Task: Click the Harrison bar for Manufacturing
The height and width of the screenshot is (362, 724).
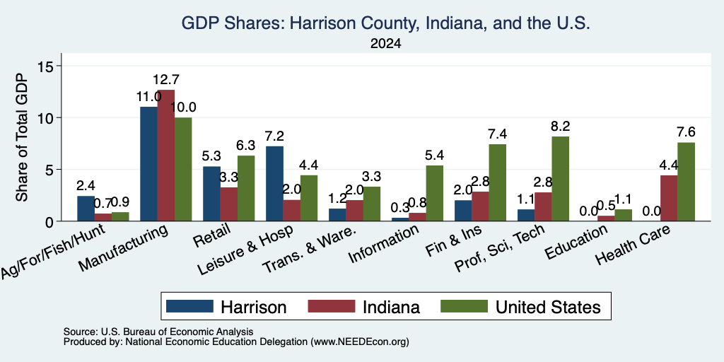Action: (148, 164)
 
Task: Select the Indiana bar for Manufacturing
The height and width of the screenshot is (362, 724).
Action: (165, 155)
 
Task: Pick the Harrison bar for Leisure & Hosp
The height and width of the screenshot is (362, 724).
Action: (275, 184)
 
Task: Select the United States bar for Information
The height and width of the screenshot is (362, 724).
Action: (435, 193)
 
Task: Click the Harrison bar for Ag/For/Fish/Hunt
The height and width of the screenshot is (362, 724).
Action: (86, 209)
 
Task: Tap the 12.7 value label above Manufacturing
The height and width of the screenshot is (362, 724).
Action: (165, 80)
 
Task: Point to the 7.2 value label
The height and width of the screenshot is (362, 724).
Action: (275, 136)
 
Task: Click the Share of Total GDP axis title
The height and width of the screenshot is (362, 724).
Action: (22, 137)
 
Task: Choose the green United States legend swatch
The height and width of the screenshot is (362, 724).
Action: (464, 306)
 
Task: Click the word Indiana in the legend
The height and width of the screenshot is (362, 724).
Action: (392, 307)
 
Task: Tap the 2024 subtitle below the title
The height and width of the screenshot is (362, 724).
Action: (385, 44)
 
